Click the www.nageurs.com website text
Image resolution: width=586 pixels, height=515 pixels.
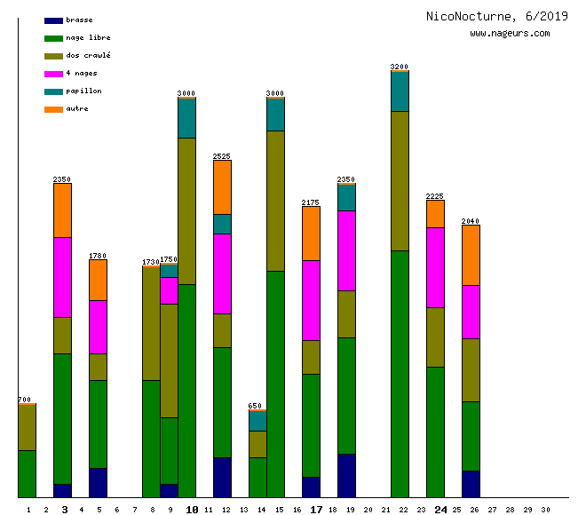tap(510, 34)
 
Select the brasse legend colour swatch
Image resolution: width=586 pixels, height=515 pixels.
tap(53, 20)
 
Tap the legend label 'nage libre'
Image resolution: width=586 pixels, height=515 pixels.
tap(88, 38)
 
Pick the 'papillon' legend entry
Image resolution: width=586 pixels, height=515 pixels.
tap(83, 91)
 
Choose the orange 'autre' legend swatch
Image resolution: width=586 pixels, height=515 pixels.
tap(53, 109)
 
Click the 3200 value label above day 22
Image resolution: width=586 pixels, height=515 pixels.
tap(400, 67)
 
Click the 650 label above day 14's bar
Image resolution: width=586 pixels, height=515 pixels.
tap(257, 406)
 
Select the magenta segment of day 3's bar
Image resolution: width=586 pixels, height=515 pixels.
tap(62, 277)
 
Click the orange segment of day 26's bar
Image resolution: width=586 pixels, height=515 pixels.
tap(471, 255)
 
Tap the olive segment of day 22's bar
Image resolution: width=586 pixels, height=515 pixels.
tap(400, 181)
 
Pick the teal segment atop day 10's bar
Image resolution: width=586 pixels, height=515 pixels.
tap(186, 118)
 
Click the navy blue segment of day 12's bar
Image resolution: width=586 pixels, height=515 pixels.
tap(222, 477)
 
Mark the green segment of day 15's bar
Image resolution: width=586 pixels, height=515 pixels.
tap(275, 384)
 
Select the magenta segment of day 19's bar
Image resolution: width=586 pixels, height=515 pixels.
tap(346, 250)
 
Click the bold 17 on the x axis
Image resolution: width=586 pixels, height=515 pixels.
tap(316, 510)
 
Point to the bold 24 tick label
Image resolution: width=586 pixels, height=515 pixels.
tap(440, 510)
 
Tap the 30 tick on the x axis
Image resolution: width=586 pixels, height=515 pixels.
tap(545, 510)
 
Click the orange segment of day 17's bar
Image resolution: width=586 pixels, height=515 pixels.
tap(311, 234)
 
